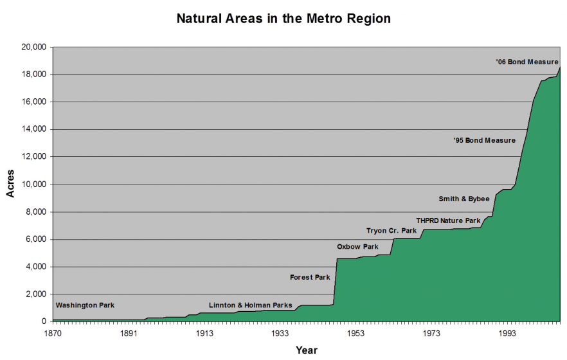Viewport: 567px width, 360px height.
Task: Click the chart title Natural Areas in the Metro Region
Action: [283, 19]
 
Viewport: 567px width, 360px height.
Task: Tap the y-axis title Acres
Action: [11, 184]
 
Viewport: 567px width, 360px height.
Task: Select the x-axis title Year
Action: [306, 350]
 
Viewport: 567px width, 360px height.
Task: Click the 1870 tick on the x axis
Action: [53, 333]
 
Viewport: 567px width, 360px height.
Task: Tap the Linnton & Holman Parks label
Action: [250, 305]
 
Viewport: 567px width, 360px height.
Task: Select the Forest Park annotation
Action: [310, 278]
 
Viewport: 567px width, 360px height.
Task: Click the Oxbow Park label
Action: [357, 247]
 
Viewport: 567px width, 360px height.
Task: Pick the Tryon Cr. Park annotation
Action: [392, 231]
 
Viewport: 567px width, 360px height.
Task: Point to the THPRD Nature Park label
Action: [448, 221]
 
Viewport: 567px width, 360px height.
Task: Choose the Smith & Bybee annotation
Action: [464, 199]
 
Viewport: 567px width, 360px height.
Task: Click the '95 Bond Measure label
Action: [485, 140]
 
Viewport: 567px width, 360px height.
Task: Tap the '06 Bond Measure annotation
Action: [527, 62]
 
